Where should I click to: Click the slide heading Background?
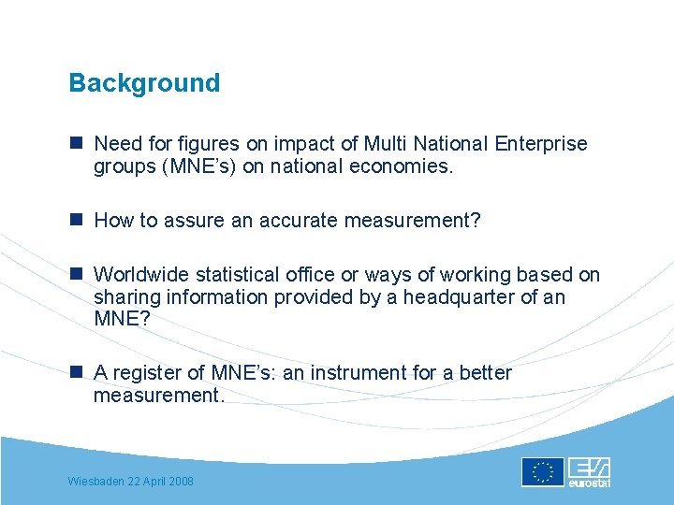144,83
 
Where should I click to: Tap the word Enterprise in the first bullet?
542,144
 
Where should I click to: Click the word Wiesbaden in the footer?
97,481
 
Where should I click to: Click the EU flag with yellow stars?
543,472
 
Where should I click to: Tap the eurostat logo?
590,472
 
